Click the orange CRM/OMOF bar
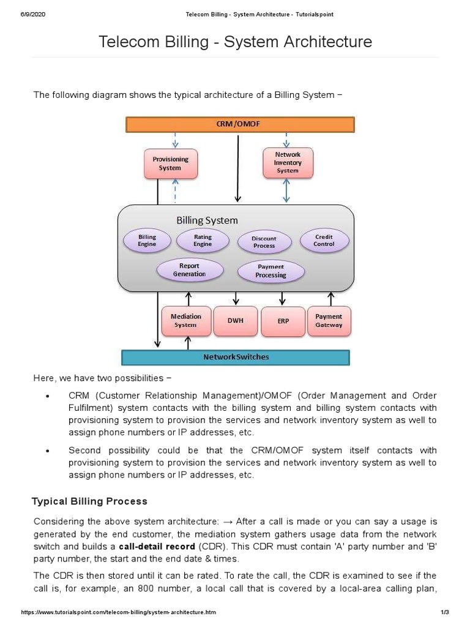click(239, 124)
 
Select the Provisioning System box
click(170, 163)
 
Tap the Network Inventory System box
click(288, 163)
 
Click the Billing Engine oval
click(147, 241)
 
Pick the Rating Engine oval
click(203, 241)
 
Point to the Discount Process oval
click(264, 242)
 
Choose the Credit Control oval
click(324, 241)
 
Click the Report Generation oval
click(189, 270)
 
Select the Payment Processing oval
click(270, 271)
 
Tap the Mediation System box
click(186, 321)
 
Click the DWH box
click(236, 321)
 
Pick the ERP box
click(283, 321)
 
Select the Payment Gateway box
click(329, 321)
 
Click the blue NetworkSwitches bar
click(236, 357)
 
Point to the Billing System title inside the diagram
click(207, 220)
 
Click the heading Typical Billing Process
click(89, 501)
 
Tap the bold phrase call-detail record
click(157, 546)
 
